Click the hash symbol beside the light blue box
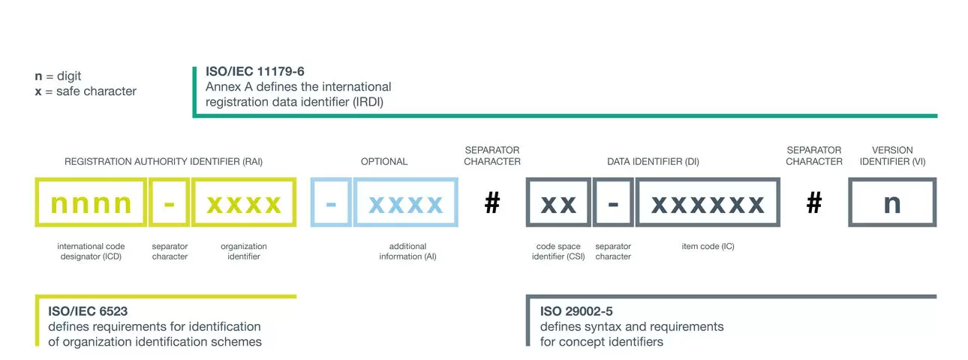tap(492, 202)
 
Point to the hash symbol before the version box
tap(814, 202)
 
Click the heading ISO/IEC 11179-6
tap(255, 71)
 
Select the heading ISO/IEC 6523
tap(88, 311)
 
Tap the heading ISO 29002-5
tap(576, 311)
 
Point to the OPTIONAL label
tap(384, 162)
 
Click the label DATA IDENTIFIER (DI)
tap(653, 162)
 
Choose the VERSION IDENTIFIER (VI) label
tap(892, 155)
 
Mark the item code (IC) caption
tap(708, 246)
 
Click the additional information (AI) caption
tap(408, 251)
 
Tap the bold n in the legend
tap(38, 76)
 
